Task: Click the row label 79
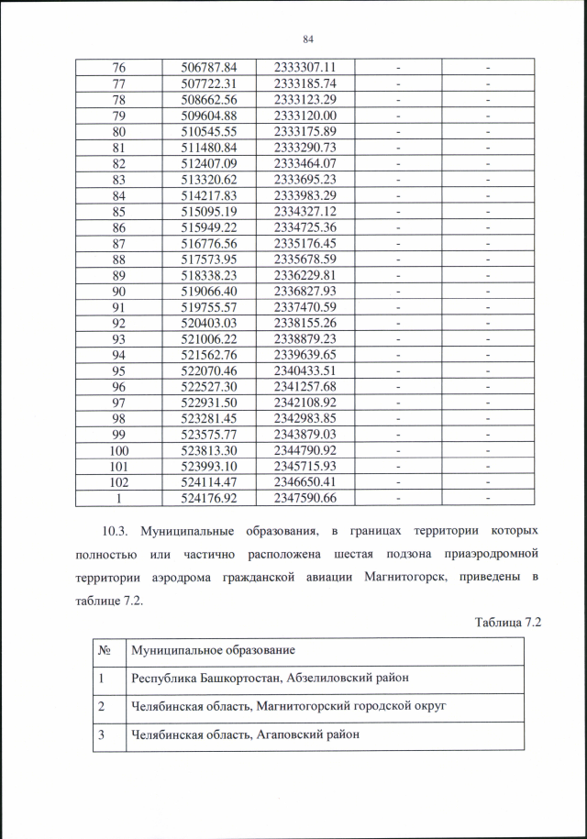point(118,115)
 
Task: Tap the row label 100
point(118,450)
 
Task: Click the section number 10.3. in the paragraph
point(116,532)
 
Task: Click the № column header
point(108,650)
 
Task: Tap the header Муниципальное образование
point(213,650)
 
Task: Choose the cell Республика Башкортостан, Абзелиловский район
point(270,678)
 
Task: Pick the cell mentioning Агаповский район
point(245,734)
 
